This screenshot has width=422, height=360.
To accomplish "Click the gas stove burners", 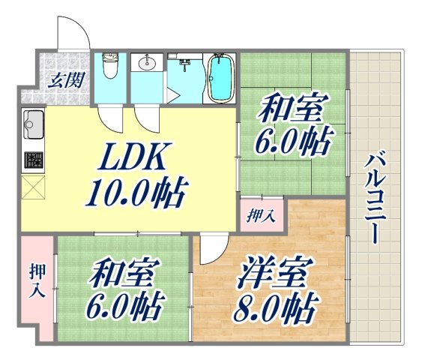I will pos(33,160).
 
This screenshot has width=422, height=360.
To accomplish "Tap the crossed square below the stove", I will pos(34,188).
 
